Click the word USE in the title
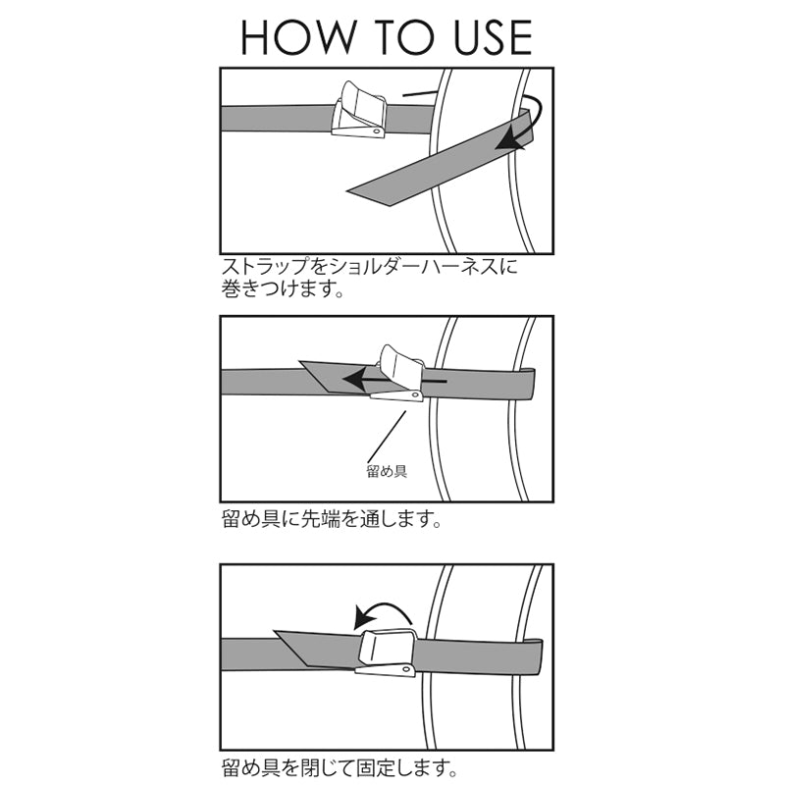494,37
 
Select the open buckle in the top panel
359,110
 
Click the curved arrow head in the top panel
509,141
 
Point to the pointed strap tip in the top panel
348,190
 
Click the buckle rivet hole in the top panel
376,131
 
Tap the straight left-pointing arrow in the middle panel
394,380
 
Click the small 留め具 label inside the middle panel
387,471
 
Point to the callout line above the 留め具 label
387,436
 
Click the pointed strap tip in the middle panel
300,362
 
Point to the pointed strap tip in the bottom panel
276,632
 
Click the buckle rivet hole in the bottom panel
406,669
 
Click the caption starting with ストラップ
370,278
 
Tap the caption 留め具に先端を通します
332,519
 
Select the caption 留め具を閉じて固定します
340,766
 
